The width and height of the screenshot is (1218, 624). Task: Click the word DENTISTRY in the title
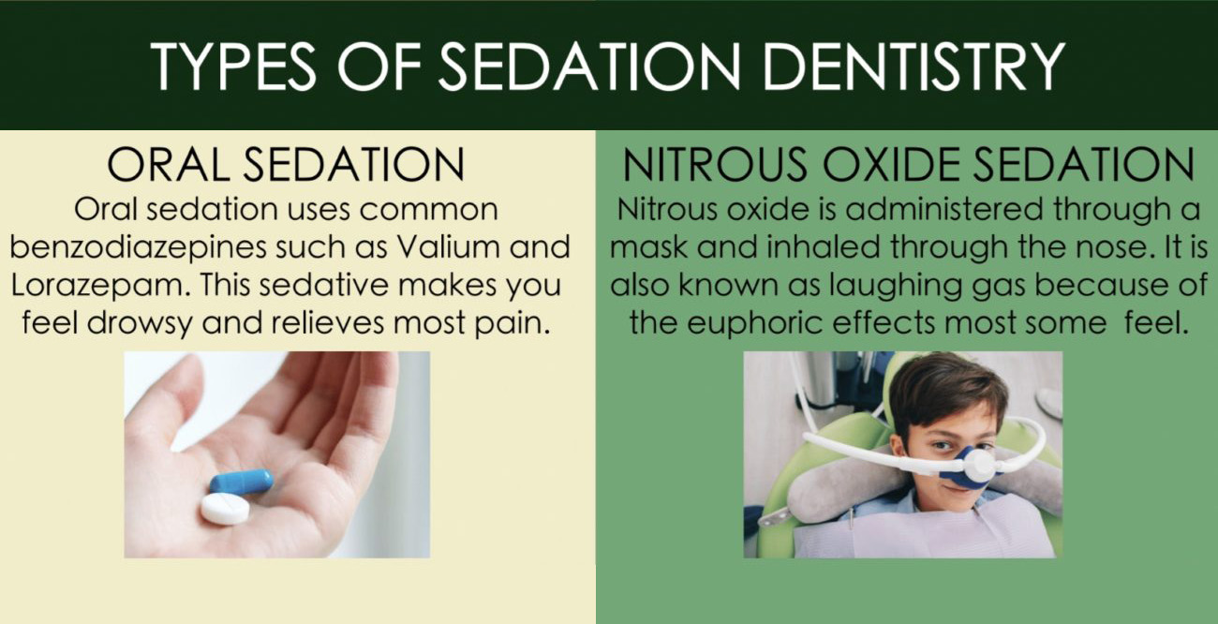click(x=913, y=66)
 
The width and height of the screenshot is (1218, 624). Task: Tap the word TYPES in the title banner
click(x=233, y=66)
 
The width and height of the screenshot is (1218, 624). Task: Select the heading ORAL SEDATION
click(x=286, y=164)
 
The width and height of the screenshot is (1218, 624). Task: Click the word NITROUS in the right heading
click(x=715, y=164)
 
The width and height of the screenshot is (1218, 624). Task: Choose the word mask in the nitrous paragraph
click(x=649, y=248)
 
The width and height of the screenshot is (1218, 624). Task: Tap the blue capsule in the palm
click(x=242, y=482)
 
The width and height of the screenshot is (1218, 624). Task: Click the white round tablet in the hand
click(x=225, y=509)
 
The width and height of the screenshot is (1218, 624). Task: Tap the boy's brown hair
click(x=946, y=387)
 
